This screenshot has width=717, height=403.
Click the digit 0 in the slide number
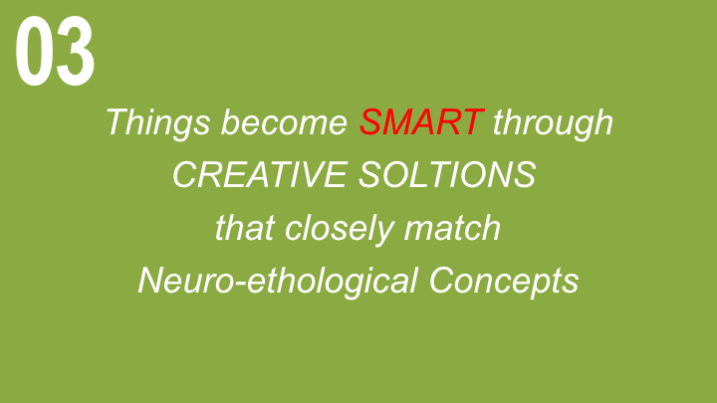coord(34,51)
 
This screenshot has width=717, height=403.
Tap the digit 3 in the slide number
coord(76,51)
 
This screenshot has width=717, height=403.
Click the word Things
coord(158,123)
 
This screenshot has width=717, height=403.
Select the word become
coord(284,122)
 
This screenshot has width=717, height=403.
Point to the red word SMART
coord(421,122)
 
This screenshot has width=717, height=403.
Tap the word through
coord(553,123)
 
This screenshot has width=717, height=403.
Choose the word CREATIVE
coord(260,174)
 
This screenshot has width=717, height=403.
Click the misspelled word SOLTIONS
coord(447,174)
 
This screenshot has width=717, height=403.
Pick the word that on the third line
coord(245,228)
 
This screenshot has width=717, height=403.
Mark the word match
coord(452,228)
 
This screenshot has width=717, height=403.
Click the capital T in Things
coord(117,122)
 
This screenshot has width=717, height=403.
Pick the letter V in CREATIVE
coord(306,174)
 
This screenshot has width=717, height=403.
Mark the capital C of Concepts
coord(442,280)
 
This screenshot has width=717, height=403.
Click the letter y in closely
coord(383,232)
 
